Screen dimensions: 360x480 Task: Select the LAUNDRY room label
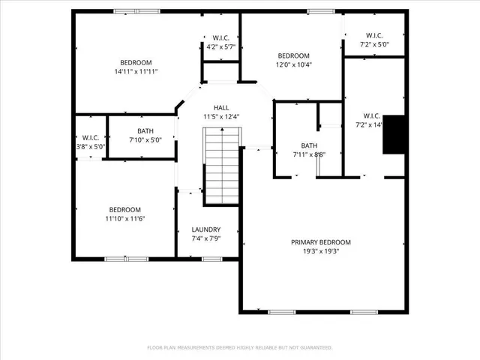coord(205,229)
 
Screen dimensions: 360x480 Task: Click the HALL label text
coord(220,107)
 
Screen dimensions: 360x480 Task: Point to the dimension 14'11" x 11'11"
coord(136,72)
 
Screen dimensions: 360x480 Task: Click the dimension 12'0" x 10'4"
coord(294,65)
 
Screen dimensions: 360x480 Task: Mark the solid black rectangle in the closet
coord(394,135)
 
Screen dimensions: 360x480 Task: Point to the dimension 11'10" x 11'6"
coord(124,219)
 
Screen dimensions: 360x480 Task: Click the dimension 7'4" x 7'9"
coord(205,239)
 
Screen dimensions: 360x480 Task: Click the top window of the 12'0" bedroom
coord(321,10)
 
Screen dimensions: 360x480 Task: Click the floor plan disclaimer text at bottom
coord(239,347)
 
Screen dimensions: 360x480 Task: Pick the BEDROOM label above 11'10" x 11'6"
coord(124,209)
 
